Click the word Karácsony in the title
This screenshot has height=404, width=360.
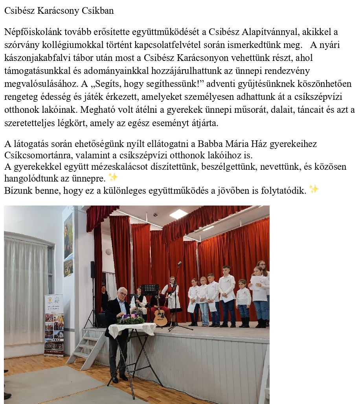click(56, 11)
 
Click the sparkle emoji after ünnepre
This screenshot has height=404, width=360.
click(113, 178)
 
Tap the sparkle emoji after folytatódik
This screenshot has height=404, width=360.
click(314, 189)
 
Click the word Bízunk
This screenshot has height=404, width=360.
click(16, 191)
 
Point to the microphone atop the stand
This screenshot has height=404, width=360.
click(179, 263)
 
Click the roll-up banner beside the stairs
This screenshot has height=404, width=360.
click(54, 324)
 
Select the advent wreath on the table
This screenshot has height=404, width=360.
click(130, 320)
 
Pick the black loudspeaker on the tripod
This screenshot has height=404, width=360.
click(93, 269)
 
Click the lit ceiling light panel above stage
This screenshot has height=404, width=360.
click(178, 213)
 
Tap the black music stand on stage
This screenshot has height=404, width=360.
click(150, 290)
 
